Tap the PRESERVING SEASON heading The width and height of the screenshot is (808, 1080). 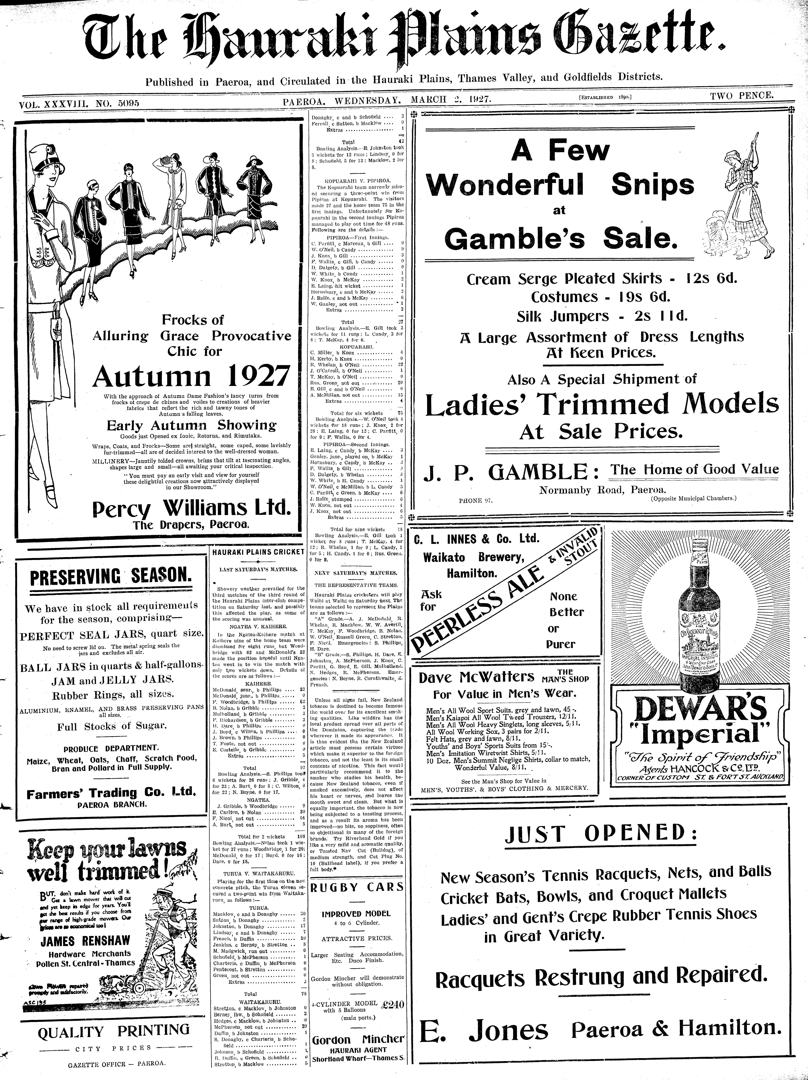pyautogui.click(x=111, y=577)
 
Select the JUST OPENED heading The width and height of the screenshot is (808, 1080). pyautogui.click(x=601, y=834)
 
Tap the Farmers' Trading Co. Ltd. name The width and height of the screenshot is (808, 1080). pyautogui.click(x=111, y=793)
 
